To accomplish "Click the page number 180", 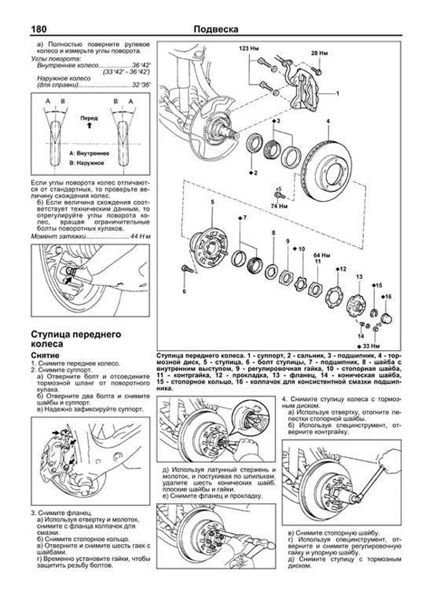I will pyautogui.click(x=39, y=29).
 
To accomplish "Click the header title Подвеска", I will pyautogui.click(x=216, y=29).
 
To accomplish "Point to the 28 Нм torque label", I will pyautogui.click(x=319, y=53).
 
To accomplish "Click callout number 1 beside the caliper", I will pyautogui.click(x=338, y=93).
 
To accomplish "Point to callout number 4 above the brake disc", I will pyautogui.click(x=328, y=121).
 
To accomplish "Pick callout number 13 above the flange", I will pyautogui.click(x=359, y=277).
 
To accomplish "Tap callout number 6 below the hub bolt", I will pyautogui.click(x=184, y=292).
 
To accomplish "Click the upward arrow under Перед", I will pyautogui.click(x=89, y=125).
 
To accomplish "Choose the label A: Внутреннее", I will pyautogui.click(x=89, y=153).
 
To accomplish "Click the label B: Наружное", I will pyautogui.click(x=86, y=163).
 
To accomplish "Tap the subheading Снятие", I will pyautogui.click(x=42, y=355).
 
